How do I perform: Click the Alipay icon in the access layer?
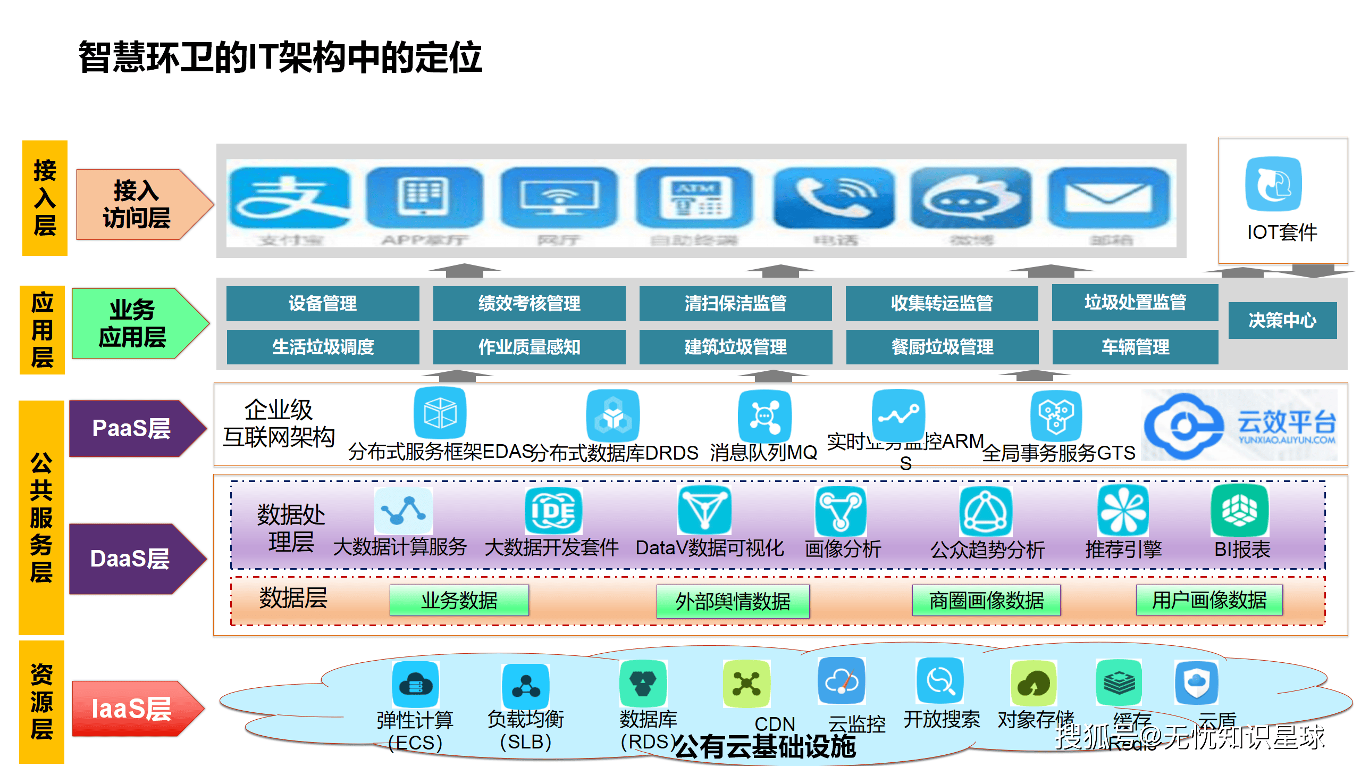click(x=290, y=198)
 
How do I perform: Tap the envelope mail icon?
click(x=1108, y=198)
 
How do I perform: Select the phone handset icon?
click(x=834, y=198)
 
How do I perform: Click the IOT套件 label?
click(x=1282, y=232)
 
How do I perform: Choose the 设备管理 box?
click(x=323, y=303)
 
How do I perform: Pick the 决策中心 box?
click(x=1282, y=320)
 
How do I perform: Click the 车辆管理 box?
click(x=1135, y=347)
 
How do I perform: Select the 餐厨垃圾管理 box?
click(x=942, y=347)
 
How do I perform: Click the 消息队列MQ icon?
click(x=764, y=415)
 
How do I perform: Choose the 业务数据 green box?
click(x=459, y=601)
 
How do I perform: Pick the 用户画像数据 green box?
click(x=1209, y=600)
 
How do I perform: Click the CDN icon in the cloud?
click(x=746, y=684)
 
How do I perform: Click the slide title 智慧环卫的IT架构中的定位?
click(x=280, y=57)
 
